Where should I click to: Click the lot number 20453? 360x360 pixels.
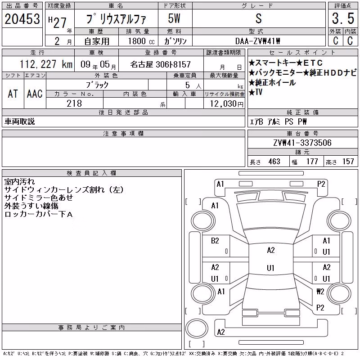click(22, 19)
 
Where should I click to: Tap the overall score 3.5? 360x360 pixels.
click(343, 18)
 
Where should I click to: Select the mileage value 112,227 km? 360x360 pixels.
click(46, 64)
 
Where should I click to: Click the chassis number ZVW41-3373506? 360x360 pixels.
click(302, 143)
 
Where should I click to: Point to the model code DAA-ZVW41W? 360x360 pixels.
click(257, 41)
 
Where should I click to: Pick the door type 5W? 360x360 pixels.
click(174, 18)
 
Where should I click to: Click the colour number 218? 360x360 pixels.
click(74, 103)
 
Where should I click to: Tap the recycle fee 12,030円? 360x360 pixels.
click(226, 103)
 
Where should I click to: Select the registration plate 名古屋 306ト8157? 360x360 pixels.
click(161, 64)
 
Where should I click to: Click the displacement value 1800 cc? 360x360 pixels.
click(141, 41)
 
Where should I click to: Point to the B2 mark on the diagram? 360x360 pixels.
click(215, 241)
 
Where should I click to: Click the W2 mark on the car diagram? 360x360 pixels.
click(320, 291)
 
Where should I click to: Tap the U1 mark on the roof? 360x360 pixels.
click(271, 268)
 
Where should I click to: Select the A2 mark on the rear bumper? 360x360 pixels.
click(221, 332)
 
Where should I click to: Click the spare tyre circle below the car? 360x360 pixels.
click(197, 328)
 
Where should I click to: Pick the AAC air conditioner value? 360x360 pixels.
click(35, 94)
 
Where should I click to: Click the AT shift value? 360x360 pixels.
click(13, 94)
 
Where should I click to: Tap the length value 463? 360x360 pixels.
click(274, 162)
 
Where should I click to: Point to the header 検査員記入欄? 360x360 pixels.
click(91, 173)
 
